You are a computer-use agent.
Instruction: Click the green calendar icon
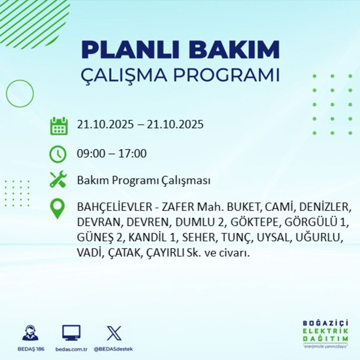(58, 126)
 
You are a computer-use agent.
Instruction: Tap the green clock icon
(58, 154)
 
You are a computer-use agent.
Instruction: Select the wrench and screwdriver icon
(58, 180)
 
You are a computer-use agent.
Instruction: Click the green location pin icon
(58, 209)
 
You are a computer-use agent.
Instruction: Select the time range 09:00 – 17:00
(112, 154)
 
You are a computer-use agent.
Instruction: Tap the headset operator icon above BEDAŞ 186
(30, 333)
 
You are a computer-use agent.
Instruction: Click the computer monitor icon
(71, 333)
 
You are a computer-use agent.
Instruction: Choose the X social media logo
(113, 333)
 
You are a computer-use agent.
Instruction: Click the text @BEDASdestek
(113, 349)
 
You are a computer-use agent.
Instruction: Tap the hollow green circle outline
(20, 94)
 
